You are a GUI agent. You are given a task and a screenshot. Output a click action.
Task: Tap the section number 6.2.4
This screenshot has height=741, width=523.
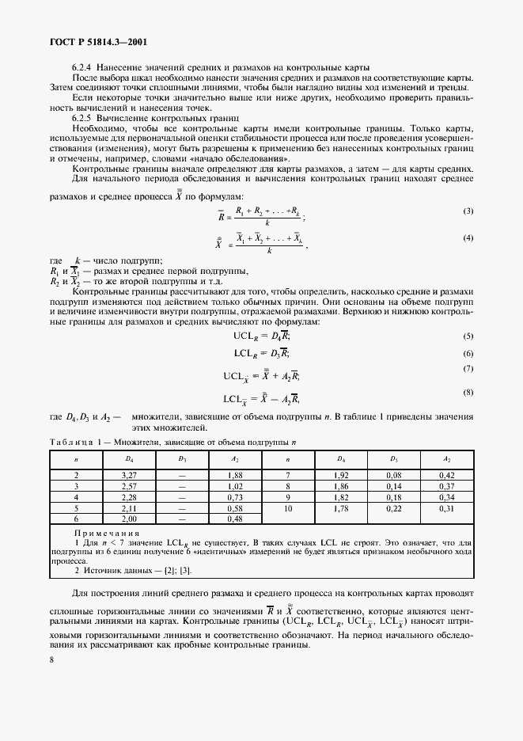(x=82, y=66)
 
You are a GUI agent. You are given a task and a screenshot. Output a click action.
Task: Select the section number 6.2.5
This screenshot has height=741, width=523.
(x=82, y=116)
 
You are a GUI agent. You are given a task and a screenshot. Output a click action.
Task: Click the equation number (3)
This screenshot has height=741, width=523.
(x=468, y=211)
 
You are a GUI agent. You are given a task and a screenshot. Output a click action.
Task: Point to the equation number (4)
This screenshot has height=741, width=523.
(x=468, y=237)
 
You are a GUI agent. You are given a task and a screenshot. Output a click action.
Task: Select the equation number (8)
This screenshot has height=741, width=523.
(x=468, y=392)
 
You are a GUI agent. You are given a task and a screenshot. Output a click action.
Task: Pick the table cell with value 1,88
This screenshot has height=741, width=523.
(x=233, y=473)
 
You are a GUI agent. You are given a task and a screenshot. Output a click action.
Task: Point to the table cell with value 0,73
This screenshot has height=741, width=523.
(x=233, y=496)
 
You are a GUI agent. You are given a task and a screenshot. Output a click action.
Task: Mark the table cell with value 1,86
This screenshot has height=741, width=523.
(x=340, y=484)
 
